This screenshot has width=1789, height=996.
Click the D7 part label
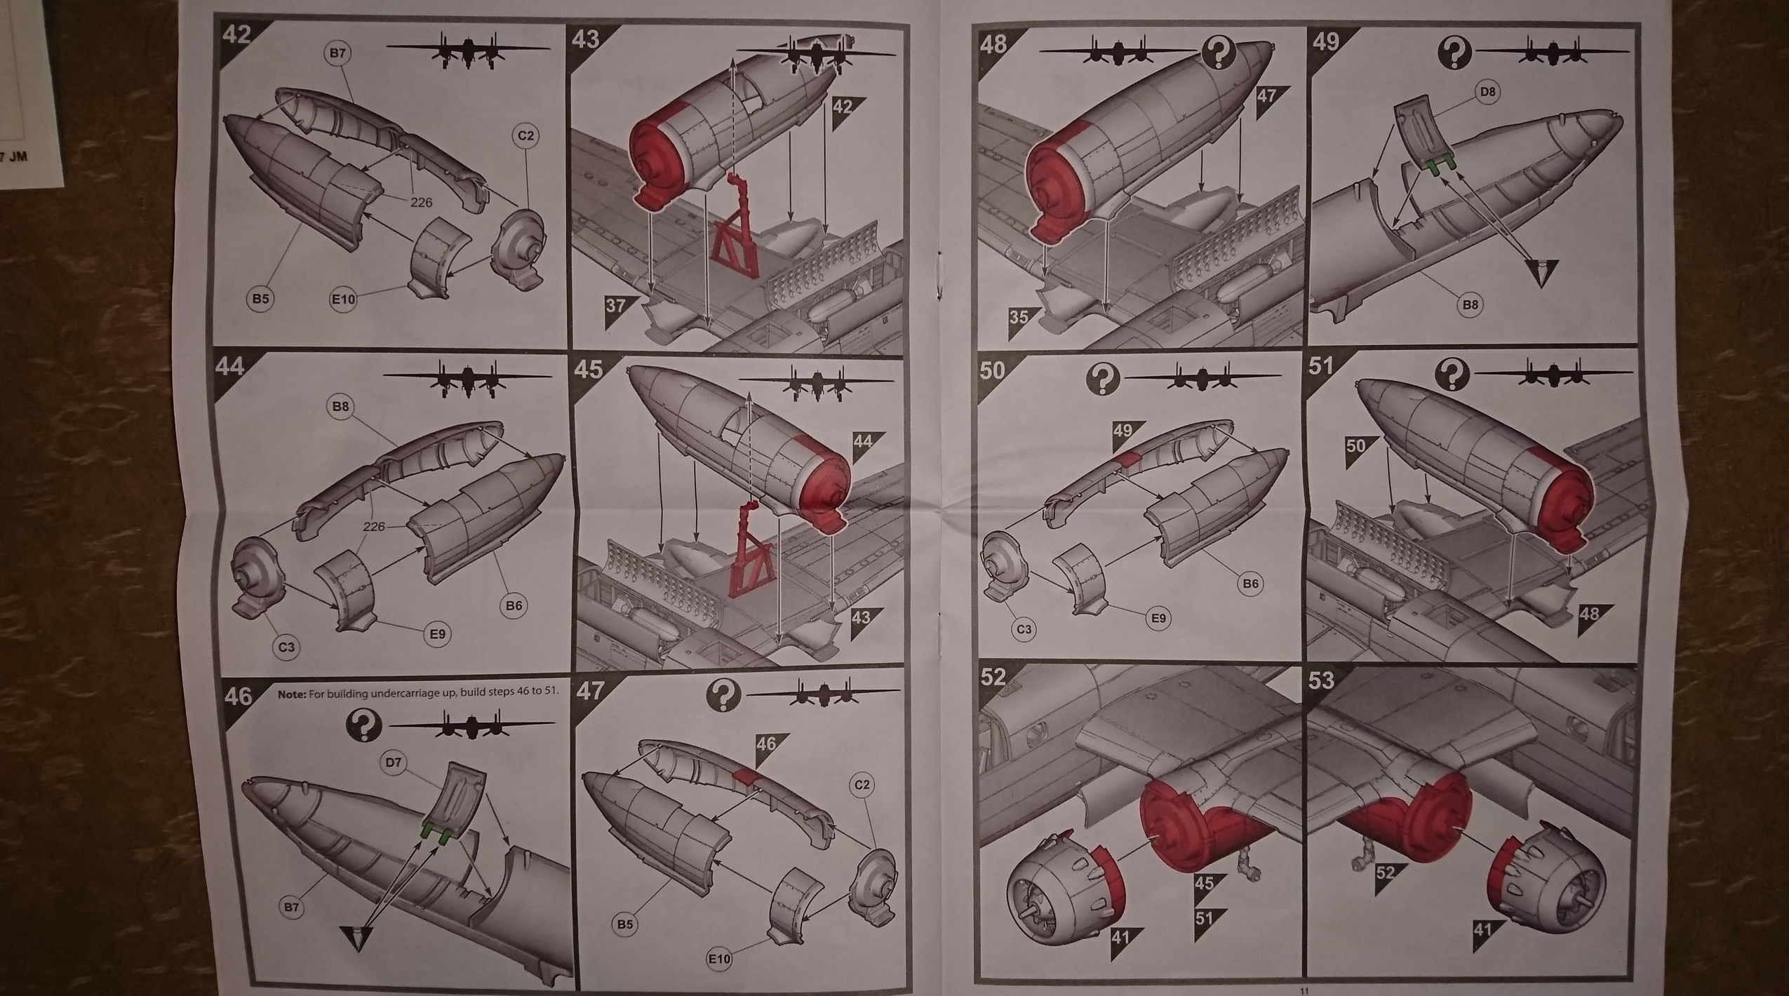pyautogui.click(x=394, y=762)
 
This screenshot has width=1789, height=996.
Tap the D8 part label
pyautogui.click(x=1487, y=92)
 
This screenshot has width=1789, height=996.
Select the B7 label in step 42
pyautogui.click(x=338, y=53)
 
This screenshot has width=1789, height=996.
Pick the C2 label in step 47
pyautogui.click(x=862, y=784)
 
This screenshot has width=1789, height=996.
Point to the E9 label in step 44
pyautogui.click(x=437, y=634)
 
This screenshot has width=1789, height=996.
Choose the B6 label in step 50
pyautogui.click(x=1250, y=584)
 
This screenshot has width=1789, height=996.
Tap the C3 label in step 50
pyautogui.click(x=1024, y=629)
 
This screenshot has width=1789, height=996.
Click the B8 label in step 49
pyautogui.click(x=1470, y=304)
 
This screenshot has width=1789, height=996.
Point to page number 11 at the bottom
pyautogui.click(x=1304, y=991)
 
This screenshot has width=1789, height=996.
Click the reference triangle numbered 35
pyautogui.click(x=1021, y=318)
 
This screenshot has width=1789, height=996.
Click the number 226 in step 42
pyautogui.click(x=421, y=202)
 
